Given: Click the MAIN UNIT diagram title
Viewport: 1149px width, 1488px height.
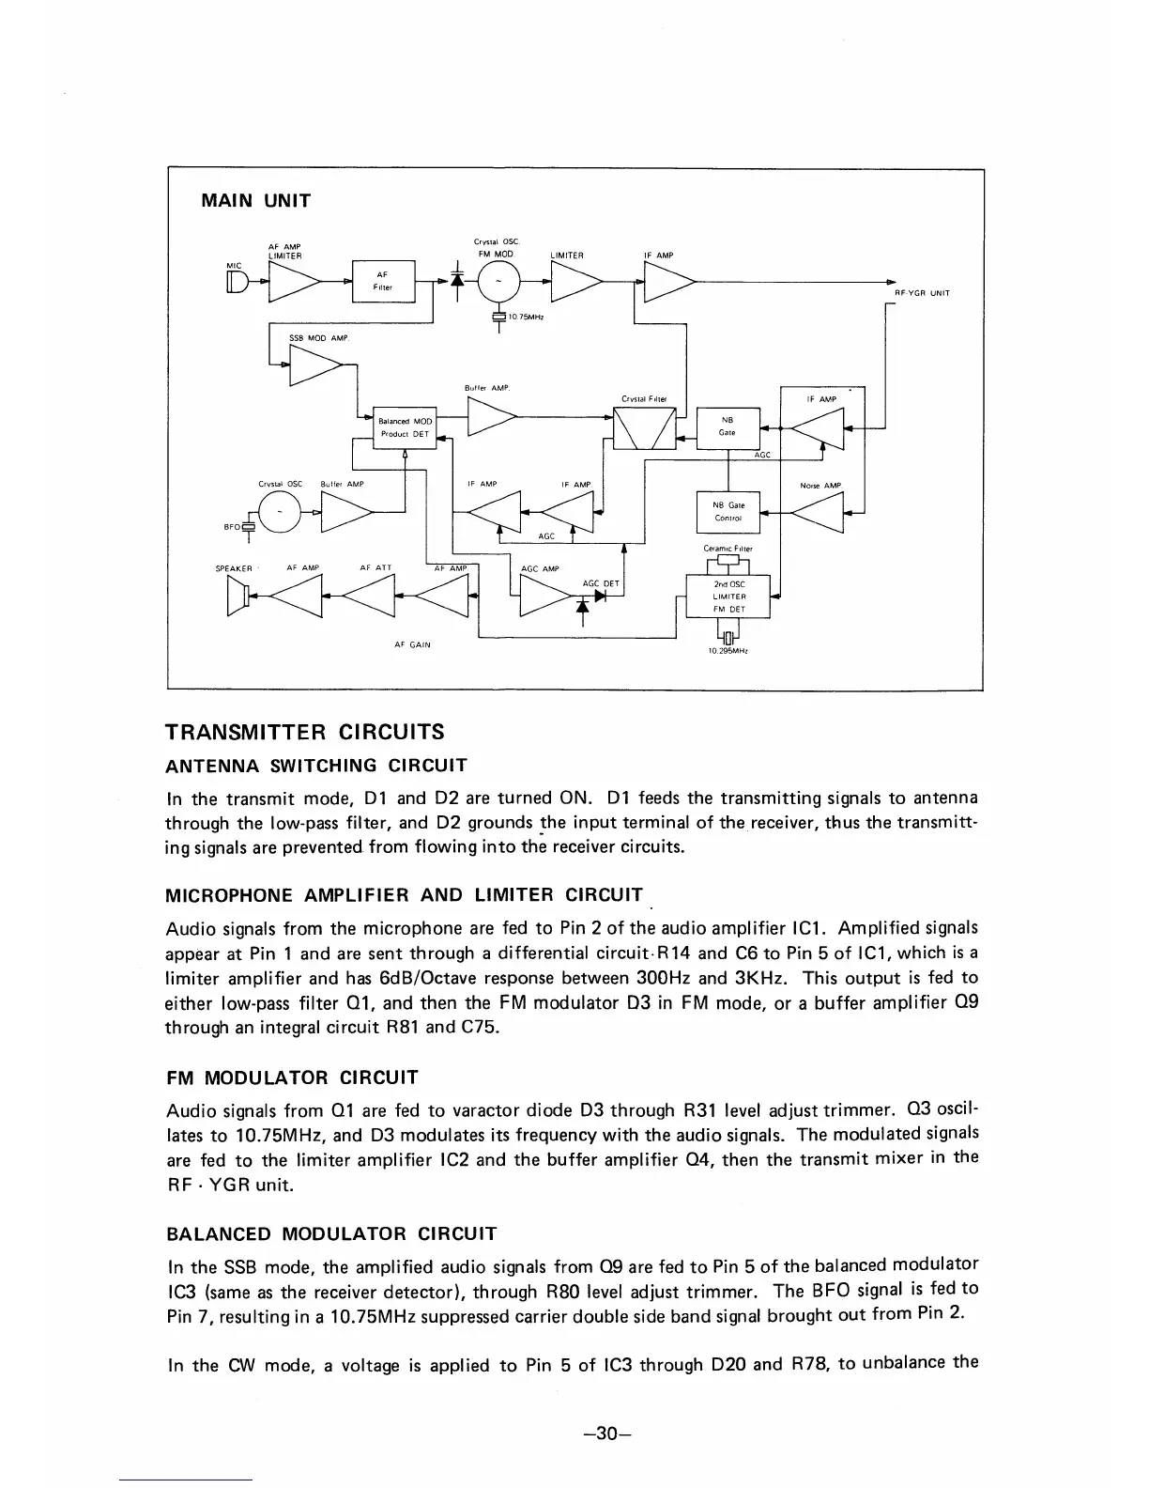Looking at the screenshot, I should pos(256,200).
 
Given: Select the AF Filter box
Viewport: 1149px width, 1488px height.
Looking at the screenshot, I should pos(382,280).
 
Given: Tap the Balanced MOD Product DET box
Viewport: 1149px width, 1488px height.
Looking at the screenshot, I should pos(406,427).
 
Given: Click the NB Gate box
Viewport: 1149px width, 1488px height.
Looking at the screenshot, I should pos(727,426).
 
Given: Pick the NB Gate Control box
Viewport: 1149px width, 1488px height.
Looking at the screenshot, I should pos(728,512).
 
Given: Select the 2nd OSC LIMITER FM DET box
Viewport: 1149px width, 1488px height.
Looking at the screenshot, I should pos(728,597).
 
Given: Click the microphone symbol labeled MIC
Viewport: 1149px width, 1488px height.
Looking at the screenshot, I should pos(237,280).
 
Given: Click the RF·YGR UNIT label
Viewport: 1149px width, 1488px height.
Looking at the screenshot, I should pos(922,293).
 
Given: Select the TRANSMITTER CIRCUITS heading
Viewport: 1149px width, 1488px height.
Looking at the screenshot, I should pos(304,732).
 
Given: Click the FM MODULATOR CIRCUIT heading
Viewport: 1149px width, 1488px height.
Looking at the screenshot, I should pos(292,1077).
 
